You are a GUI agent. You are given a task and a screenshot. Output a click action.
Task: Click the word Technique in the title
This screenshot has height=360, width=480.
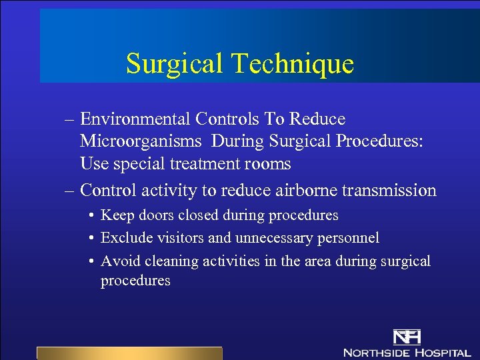click(x=293, y=64)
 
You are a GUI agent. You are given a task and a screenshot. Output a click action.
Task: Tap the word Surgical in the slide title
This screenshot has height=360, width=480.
click(x=175, y=64)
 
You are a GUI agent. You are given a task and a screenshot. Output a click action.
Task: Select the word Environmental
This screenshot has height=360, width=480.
click(x=135, y=119)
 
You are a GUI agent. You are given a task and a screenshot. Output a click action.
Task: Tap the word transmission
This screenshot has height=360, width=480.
click(x=389, y=191)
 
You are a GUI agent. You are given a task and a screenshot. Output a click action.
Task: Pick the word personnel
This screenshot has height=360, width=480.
click(x=351, y=238)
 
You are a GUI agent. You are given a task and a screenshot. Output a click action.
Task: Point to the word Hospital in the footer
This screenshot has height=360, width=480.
click(x=441, y=351)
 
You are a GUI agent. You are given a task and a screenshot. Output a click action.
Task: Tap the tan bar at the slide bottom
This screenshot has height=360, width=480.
click(x=129, y=353)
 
